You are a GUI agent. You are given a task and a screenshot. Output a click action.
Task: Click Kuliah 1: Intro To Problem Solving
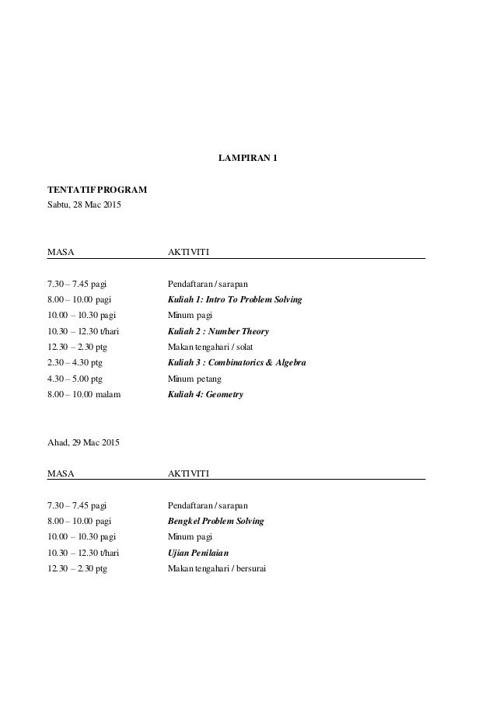click(235, 299)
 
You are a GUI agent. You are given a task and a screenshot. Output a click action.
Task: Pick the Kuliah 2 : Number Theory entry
click(218, 331)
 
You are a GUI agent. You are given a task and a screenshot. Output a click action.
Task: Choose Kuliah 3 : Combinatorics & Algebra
click(237, 363)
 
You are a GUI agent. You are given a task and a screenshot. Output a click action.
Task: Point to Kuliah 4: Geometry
click(205, 395)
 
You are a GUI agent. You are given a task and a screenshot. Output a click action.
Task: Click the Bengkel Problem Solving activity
click(216, 521)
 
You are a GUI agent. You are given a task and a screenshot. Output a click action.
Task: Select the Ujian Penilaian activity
click(200, 553)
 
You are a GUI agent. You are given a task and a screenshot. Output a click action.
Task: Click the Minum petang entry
click(195, 379)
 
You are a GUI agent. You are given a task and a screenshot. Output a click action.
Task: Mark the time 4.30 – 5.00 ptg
click(75, 379)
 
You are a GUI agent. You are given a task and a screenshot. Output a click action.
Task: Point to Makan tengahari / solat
click(210, 347)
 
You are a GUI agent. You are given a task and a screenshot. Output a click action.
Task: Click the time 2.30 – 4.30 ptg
click(75, 363)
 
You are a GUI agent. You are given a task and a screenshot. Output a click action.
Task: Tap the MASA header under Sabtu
click(61, 253)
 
